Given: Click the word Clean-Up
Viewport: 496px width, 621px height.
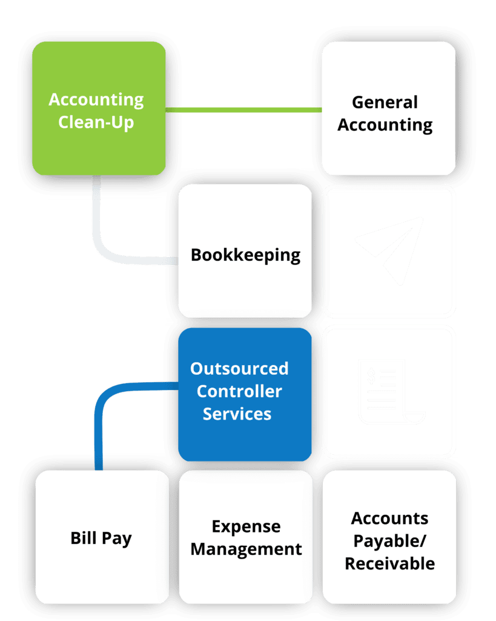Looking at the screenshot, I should click(96, 122).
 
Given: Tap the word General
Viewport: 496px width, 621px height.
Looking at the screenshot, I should click(385, 102).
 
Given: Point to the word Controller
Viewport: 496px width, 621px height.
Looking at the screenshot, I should click(239, 391).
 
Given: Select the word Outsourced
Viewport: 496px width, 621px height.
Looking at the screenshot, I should click(239, 369).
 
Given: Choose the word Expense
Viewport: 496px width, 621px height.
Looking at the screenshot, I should click(246, 526).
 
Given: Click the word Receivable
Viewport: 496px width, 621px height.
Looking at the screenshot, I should click(390, 563).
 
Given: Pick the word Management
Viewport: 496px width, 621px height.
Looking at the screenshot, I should click(246, 549).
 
